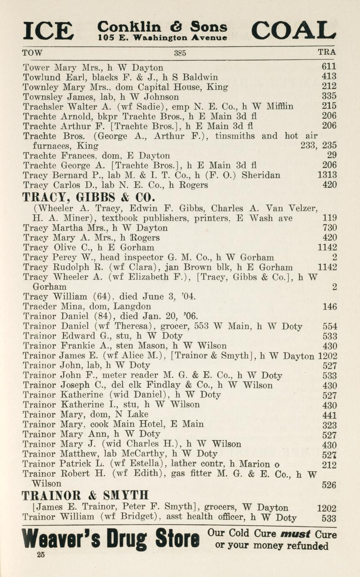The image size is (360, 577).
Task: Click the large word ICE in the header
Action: (48, 31)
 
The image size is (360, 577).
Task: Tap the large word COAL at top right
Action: (293, 30)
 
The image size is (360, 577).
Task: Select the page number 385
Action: (180, 53)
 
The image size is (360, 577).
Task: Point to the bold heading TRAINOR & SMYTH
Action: (85, 496)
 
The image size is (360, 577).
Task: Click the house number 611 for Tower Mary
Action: (329, 67)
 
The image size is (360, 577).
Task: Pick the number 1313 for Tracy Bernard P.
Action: (327, 175)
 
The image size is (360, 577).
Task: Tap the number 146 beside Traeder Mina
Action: (329, 307)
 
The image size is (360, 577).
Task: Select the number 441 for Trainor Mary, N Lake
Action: (329, 415)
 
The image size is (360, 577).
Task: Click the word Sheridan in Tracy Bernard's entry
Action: (261, 175)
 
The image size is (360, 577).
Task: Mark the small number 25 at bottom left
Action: (41, 555)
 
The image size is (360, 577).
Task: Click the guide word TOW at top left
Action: (32, 53)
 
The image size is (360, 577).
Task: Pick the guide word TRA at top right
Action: (327, 53)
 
